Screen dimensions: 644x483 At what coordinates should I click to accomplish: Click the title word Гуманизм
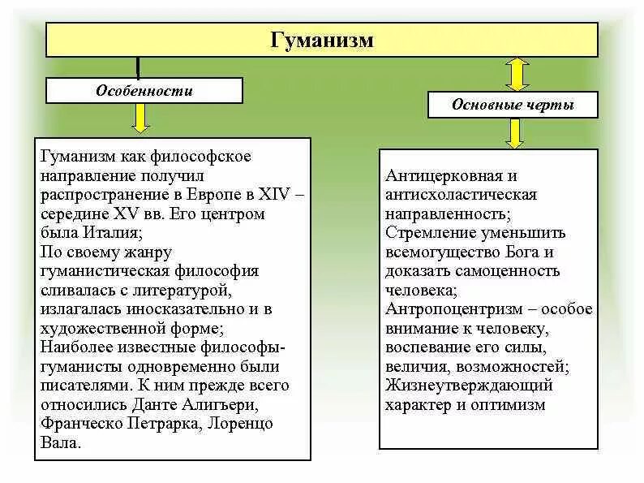pos(321,40)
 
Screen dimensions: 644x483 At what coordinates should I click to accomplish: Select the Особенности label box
pos(144,91)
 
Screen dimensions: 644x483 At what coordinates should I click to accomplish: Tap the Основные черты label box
pos(513,105)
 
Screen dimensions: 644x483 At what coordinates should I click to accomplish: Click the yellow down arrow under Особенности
pos(140,119)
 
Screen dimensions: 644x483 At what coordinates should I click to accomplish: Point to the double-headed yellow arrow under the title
pos(517,74)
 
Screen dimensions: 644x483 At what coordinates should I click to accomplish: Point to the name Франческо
pos(79,423)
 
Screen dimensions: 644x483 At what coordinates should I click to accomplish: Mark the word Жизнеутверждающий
pos(469,386)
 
